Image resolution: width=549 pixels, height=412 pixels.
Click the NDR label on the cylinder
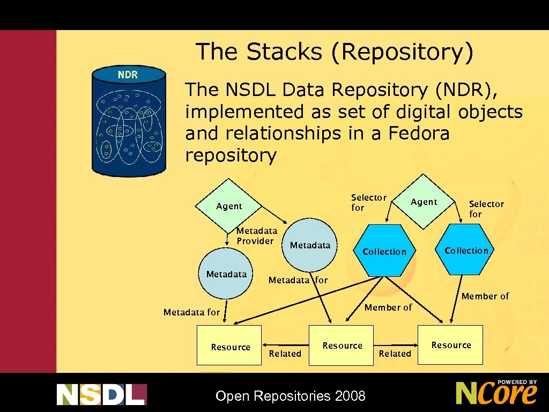pos(128,75)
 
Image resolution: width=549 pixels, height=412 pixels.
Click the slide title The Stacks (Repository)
pos(335,52)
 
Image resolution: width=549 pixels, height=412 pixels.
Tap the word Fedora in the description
pos(418,134)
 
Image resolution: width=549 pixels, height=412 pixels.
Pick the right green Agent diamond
pos(424,202)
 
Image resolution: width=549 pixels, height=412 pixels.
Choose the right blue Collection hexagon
pos(466,251)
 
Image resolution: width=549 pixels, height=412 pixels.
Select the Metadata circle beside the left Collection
pos(310,245)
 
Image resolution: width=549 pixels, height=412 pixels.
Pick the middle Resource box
pos(342,345)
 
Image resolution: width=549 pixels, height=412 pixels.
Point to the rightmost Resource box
pos(451,345)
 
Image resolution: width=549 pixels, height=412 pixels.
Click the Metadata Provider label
pos(257,236)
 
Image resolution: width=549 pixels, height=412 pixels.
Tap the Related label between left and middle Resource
pos(285,354)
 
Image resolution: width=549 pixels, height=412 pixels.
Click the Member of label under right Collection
pos(485,296)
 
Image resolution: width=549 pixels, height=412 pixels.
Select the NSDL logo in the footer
pos(101,394)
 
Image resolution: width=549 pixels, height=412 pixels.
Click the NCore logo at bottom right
pos(496,392)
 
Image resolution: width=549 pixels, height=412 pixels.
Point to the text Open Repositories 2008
pos(290,396)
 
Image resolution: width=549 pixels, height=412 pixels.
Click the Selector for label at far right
pos(486,209)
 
